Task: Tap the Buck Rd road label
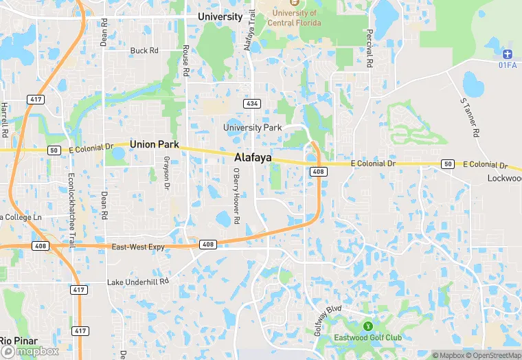[144, 51]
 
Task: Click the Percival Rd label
[370, 49]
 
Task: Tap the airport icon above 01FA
[508, 54]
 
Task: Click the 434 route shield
[253, 104]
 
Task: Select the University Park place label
[253, 128]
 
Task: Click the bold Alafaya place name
[253, 158]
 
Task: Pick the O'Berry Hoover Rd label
[236, 196]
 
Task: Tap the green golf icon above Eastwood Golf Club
[367, 326]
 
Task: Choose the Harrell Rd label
[4, 118]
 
